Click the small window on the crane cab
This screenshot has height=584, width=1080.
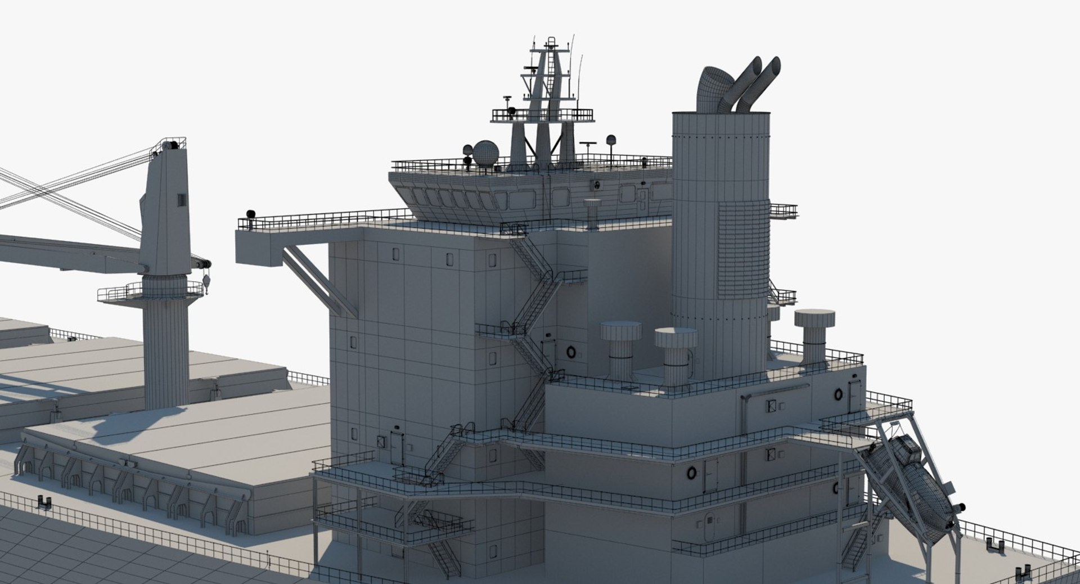(181, 200)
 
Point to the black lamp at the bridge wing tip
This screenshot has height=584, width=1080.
(250, 214)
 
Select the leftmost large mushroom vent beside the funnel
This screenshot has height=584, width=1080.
(620, 349)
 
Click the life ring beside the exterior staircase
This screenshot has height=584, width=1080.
(571, 352)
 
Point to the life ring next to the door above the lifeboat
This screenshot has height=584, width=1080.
(838, 394)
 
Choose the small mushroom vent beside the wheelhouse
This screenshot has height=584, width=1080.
(592, 214)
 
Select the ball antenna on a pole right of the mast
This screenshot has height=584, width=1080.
(611, 141)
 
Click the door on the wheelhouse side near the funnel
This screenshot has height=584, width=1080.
(642, 195)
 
